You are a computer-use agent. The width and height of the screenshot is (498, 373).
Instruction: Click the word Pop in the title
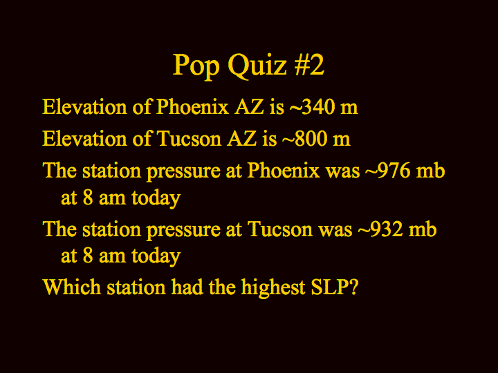tap(196, 66)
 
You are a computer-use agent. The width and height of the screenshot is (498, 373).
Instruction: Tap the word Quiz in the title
tap(257, 66)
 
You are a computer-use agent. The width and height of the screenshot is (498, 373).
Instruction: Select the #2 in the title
tap(309, 65)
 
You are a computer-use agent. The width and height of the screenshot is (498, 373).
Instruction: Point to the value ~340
tap(312, 107)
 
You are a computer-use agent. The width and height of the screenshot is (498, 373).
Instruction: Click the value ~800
tap(304, 139)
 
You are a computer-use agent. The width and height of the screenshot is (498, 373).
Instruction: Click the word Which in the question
tap(71, 287)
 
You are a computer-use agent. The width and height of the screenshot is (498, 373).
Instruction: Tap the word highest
tap(273, 288)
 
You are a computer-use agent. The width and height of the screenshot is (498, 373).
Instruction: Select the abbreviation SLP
tap(331, 287)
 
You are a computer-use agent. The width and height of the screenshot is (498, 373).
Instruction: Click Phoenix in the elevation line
tap(192, 107)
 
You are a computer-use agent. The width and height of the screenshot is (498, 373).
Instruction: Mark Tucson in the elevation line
tap(189, 139)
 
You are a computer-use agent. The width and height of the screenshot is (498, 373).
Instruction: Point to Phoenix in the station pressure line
tap(284, 171)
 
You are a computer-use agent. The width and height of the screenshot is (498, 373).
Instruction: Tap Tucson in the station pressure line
tap(279, 229)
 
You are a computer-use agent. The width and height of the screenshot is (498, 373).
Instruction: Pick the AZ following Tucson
tap(241, 139)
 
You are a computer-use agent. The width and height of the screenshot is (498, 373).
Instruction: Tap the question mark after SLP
tap(354, 287)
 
